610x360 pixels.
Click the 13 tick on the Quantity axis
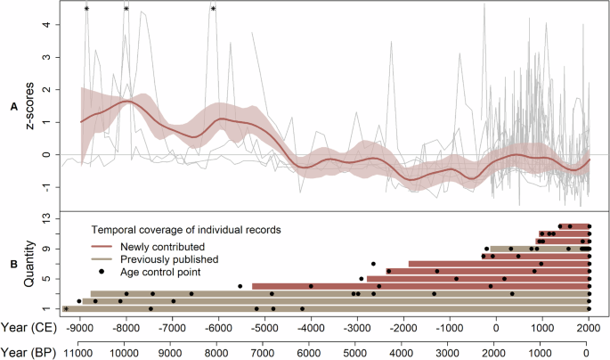pos(45,218)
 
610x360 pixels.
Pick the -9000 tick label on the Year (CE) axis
pos(80,327)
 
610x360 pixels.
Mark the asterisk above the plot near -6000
pos(214,9)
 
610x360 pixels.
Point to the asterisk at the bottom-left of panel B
pos(66,309)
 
